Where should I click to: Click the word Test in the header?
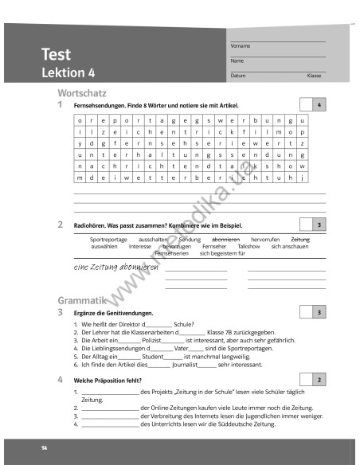(56, 55)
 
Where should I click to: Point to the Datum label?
(238, 76)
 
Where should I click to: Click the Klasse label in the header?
(314, 76)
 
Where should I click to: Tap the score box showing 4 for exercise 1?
(319, 105)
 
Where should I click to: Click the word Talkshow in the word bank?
(248, 247)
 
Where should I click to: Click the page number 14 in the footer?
(45, 450)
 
